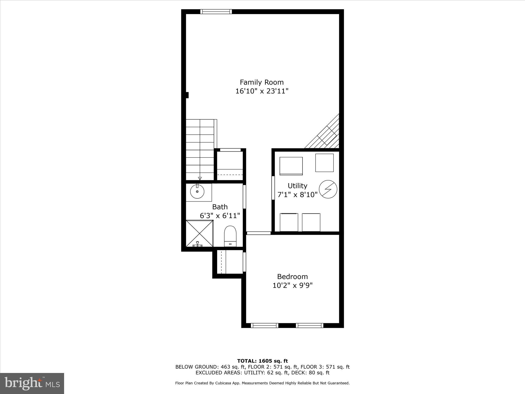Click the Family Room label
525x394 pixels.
[262, 82]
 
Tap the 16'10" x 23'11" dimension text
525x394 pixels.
[262, 91]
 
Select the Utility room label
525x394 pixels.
[297, 186]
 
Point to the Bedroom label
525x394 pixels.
[292, 277]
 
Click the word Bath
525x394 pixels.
[220, 207]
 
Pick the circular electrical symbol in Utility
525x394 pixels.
[328, 190]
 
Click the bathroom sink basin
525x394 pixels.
[197, 192]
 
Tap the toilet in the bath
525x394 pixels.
[230, 236]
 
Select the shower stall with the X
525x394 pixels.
[199, 233]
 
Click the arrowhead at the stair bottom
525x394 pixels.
[200, 179]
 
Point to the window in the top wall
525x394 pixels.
[216, 12]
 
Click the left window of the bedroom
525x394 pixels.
[265, 326]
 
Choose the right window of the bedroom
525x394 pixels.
[309, 326]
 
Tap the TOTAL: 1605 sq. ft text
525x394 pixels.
[262, 361]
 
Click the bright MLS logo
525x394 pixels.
[32, 383]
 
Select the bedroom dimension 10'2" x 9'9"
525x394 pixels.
[292, 285]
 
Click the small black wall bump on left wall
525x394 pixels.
[187, 95]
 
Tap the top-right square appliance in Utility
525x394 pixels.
[324, 163]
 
